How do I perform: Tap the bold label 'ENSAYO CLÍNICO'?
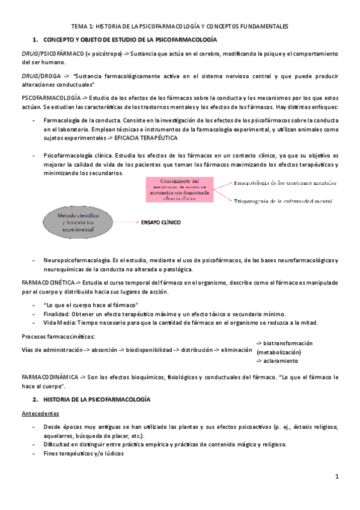pos(160,222)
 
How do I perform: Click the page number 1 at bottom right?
pos(338,476)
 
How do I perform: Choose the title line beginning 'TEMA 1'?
pos(180,26)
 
